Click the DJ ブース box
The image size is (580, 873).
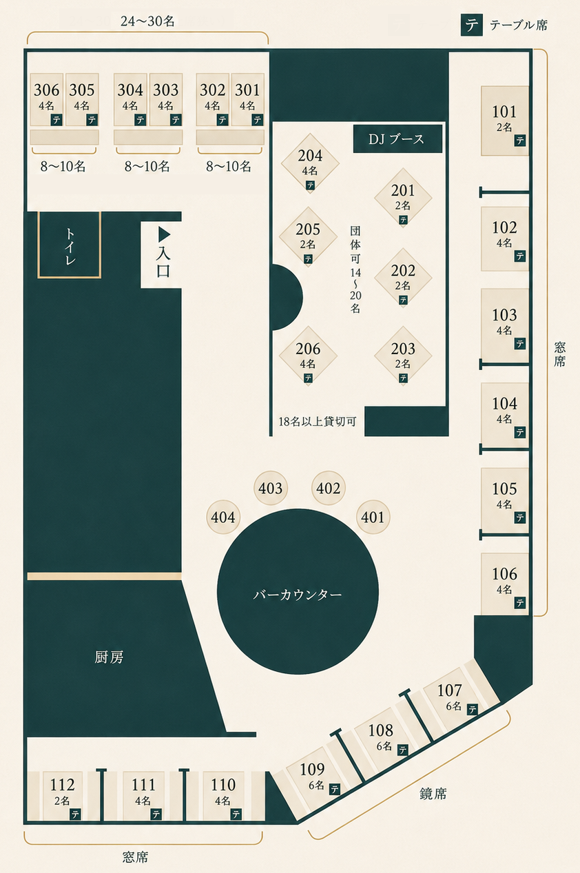tap(397, 138)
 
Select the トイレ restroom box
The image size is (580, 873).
tap(70, 245)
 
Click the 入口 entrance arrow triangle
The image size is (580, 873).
tap(164, 234)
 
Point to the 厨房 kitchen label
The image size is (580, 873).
tap(109, 657)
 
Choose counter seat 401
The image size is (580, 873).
tap(373, 517)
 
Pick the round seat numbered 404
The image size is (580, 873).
tap(223, 517)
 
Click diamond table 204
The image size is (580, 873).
tap(310, 163)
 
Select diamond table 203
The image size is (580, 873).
tap(403, 356)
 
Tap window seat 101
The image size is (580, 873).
tap(505, 121)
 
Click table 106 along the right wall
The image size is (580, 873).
tap(505, 584)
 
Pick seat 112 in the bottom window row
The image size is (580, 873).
tap(62, 795)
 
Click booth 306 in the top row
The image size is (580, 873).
tap(47, 99)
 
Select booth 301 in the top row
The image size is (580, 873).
tap(248, 99)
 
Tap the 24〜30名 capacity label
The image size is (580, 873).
tap(147, 21)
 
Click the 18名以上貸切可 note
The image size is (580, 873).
tap(318, 421)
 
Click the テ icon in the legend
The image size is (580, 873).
tap(472, 25)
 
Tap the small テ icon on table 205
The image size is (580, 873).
tap(308, 258)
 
